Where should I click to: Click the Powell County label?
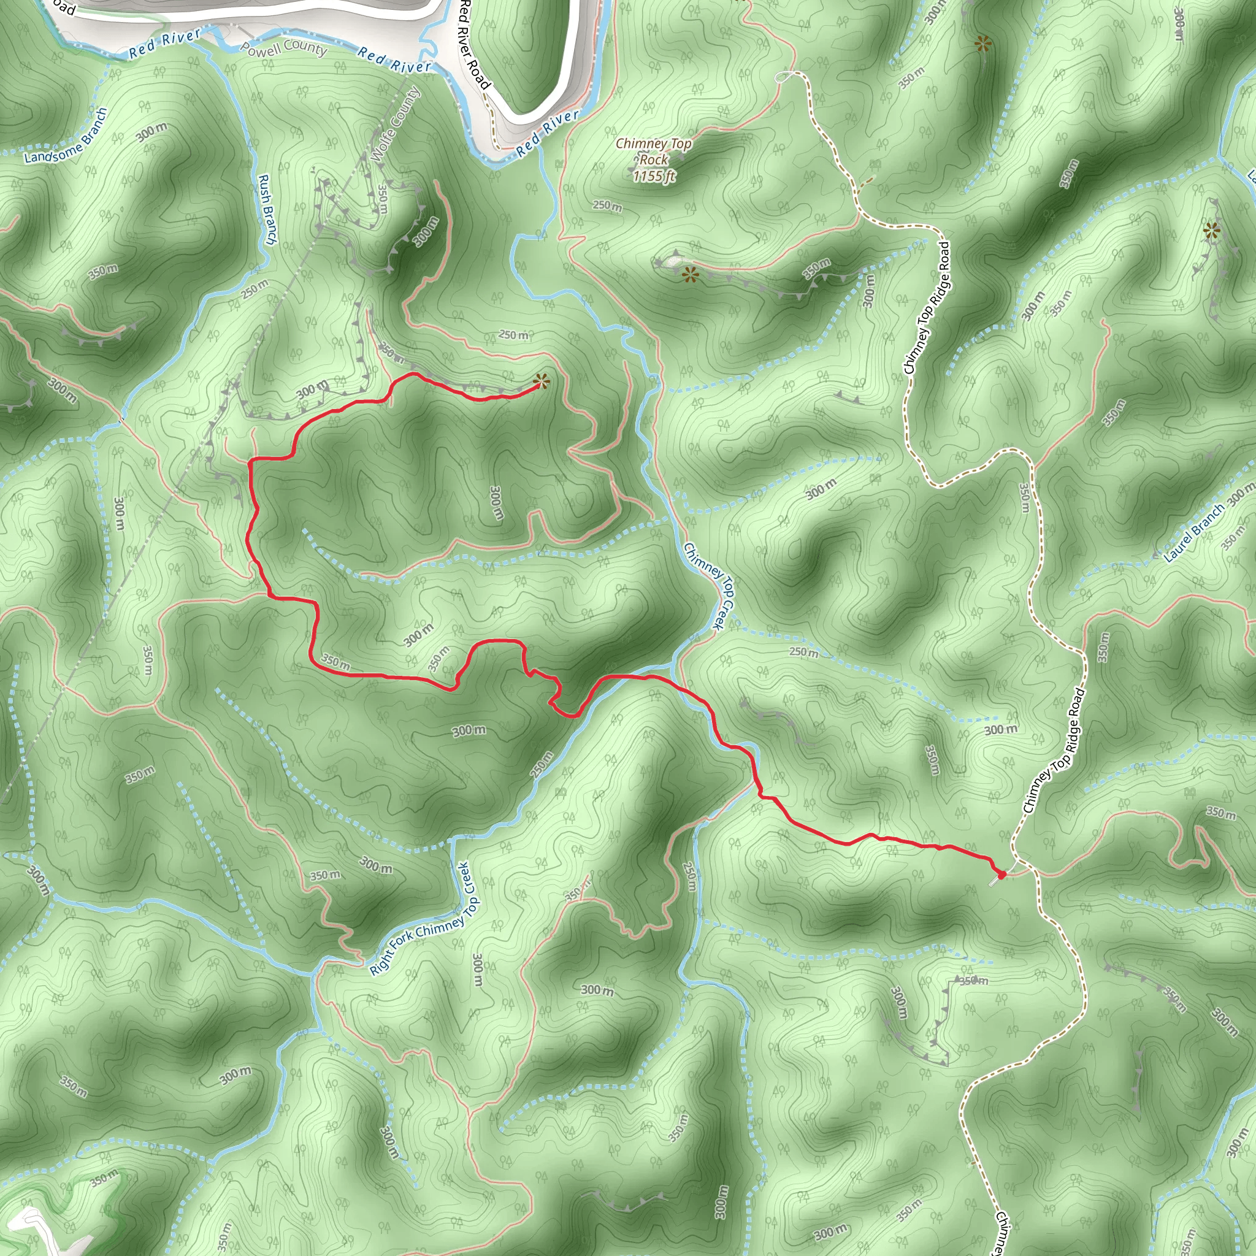(x=283, y=49)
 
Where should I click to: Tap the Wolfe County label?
(x=394, y=123)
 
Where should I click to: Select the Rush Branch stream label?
(x=267, y=209)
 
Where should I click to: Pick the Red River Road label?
(x=473, y=44)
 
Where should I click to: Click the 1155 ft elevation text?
(x=654, y=176)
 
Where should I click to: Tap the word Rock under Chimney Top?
(x=653, y=160)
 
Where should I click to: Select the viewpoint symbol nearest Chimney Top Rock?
(x=690, y=275)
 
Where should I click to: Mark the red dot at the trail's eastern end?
(x=1001, y=875)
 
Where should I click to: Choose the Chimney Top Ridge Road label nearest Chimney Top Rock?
(x=927, y=308)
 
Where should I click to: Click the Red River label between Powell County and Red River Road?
(x=394, y=61)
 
